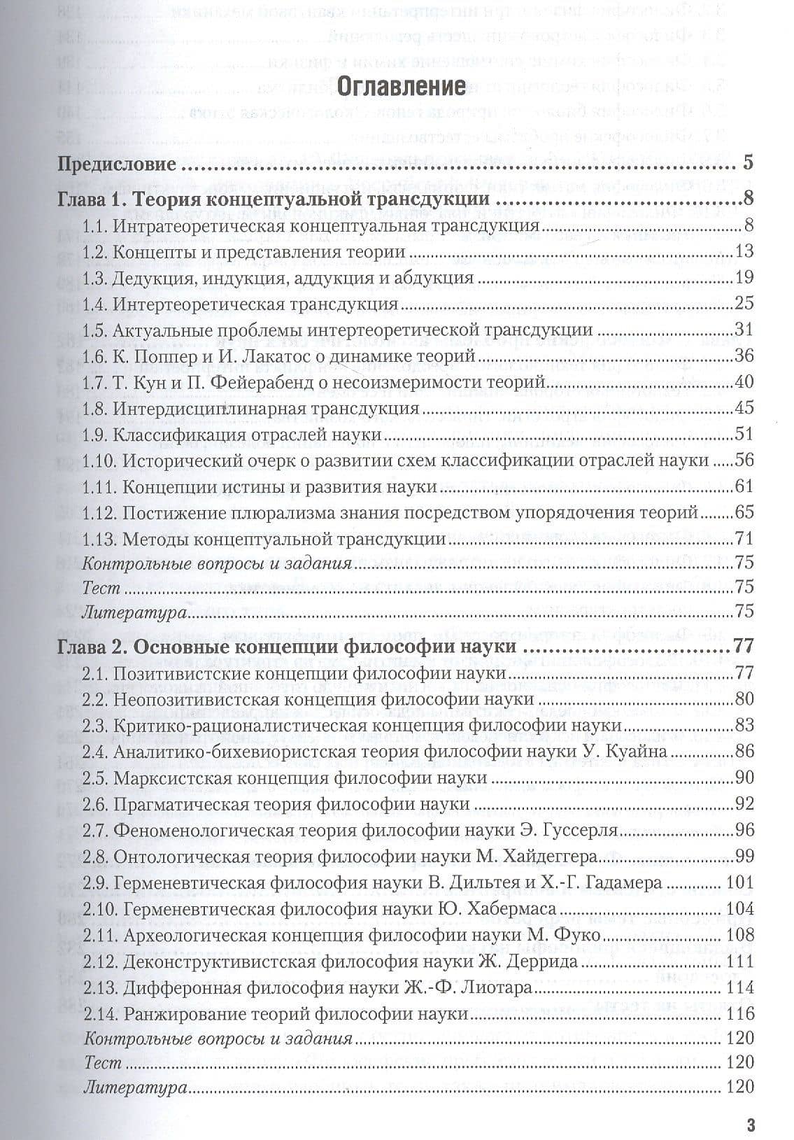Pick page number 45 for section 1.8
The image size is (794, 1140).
(744, 408)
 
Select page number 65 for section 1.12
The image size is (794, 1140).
(744, 512)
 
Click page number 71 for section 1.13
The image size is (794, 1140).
(744, 538)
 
